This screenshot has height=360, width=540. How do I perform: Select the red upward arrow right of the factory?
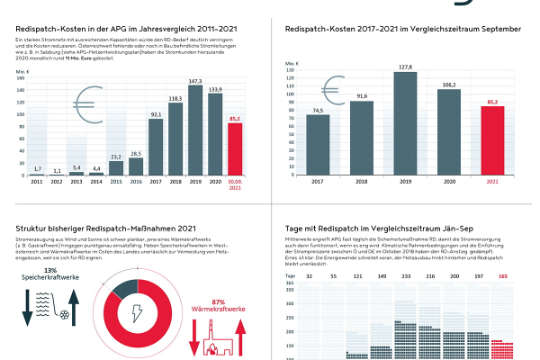pos(247,340)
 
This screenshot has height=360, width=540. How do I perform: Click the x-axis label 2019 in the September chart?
pos(406,182)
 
